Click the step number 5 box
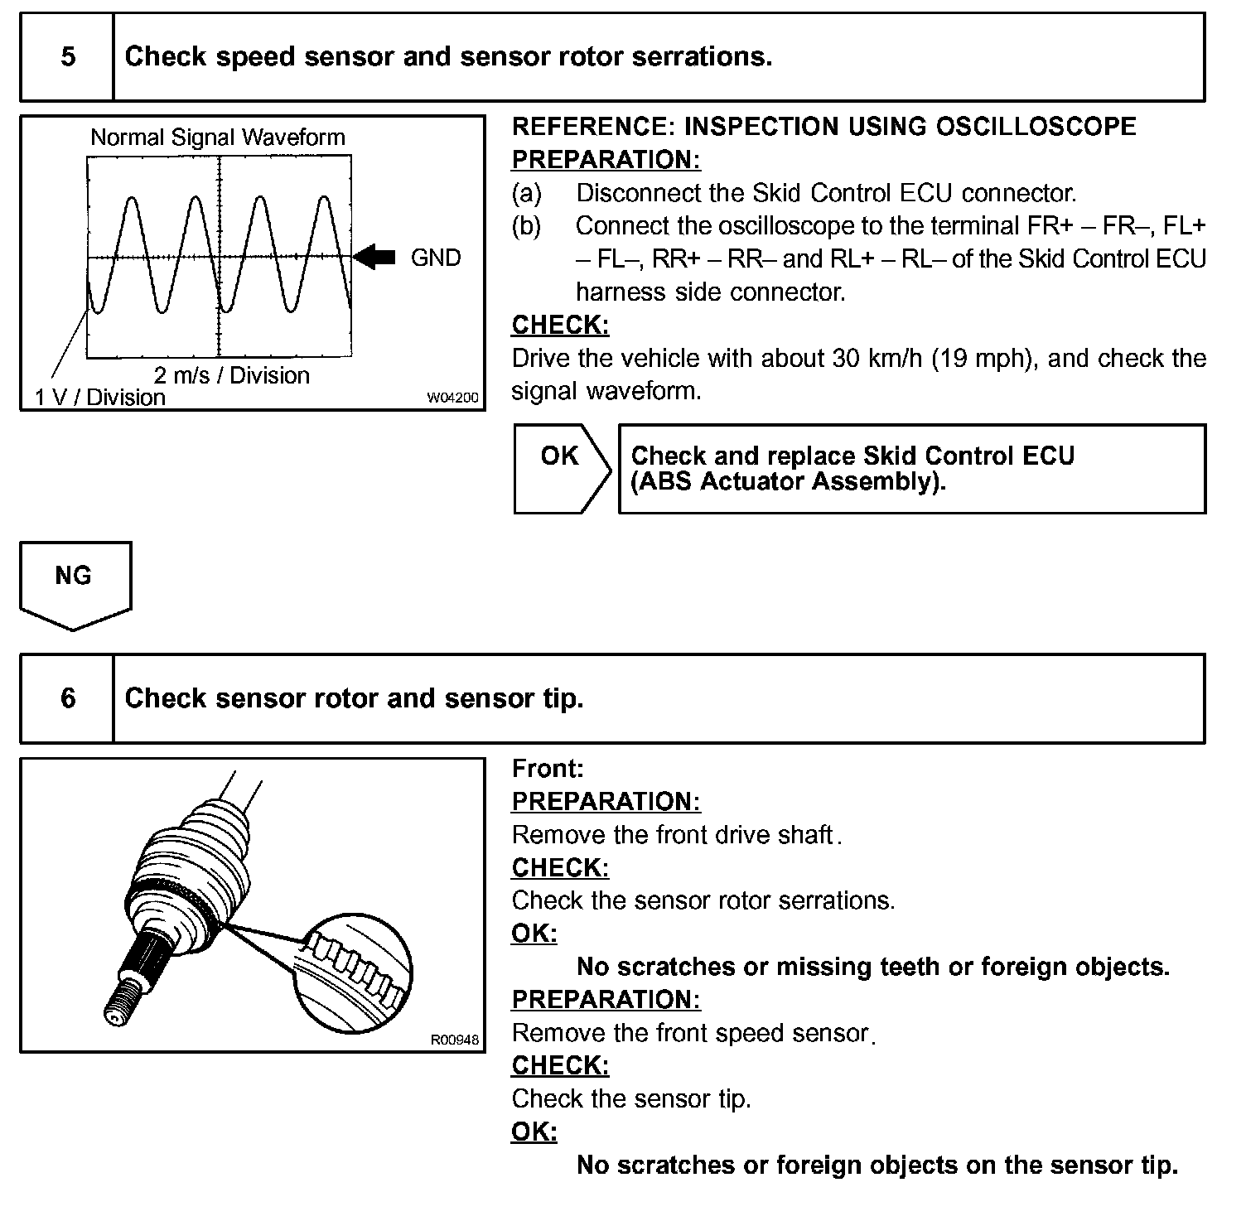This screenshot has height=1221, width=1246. coord(67,56)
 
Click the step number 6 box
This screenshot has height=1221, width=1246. coord(67,698)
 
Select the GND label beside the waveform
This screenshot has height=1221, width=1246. coord(435,258)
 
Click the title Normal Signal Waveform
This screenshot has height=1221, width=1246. coord(217,137)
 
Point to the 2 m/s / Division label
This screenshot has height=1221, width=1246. coord(231,375)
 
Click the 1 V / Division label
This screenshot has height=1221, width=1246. coord(99,398)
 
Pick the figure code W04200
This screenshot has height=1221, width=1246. coord(452,398)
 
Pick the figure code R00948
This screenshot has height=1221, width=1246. coord(454,1040)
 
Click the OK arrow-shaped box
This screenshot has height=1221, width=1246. coord(561,468)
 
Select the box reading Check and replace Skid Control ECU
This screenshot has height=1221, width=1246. coord(911,469)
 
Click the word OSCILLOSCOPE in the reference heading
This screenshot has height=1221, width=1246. coord(1036,127)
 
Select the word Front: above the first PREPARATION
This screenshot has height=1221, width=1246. coord(548,769)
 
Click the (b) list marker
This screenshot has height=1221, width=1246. coord(526,226)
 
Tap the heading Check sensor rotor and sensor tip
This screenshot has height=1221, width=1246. coord(354,698)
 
